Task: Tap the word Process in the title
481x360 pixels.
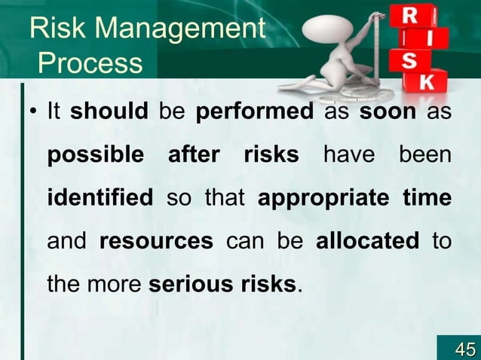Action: click(x=90, y=63)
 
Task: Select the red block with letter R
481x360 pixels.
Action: click(x=412, y=15)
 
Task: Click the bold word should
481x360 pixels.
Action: click(x=109, y=112)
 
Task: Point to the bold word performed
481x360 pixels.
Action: click(x=254, y=112)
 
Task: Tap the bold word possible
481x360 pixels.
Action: click(x=95, y=156)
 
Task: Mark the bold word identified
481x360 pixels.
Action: click(x=100, y=199)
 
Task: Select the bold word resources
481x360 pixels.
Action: click(x=156, y=242)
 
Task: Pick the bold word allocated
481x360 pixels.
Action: click(x=367, y=242)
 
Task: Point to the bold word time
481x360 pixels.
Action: click(x=427, y=199)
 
